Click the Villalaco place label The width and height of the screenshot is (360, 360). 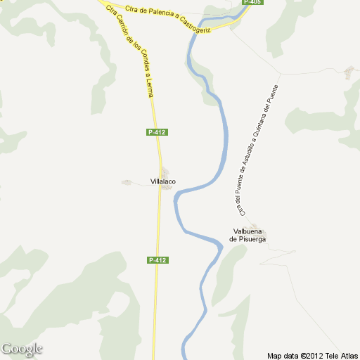(163, 182)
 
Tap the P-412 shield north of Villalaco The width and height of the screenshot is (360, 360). (157, 132)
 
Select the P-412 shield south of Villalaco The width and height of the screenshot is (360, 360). (157, 260)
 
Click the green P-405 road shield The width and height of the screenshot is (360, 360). (252, 3)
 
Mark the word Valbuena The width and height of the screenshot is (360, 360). (248, 231)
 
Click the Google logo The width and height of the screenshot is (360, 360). (22, 349)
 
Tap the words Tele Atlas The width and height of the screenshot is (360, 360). (340, 355)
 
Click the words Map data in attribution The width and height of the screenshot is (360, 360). (283, 355)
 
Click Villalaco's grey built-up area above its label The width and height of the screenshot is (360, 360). (165, 172)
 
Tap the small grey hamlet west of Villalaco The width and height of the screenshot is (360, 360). (127, 183)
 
